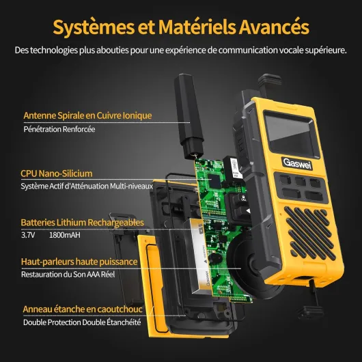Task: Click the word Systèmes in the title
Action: [x=94, y=27]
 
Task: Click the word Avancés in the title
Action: [x=274, y=27]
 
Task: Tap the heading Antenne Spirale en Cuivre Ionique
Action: [x=87, y=115]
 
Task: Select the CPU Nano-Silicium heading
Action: [x=57, y=173]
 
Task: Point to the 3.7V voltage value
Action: [x=28, y=235]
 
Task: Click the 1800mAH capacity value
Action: [x=65, y=235]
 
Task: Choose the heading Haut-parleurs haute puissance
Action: [x=79, y=262]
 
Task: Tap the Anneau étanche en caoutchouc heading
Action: [x=83, y=309]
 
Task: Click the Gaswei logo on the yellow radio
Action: [x=297, y=164]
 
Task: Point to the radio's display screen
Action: [x=292, y=135]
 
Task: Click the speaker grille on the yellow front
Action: [x=310, y=234]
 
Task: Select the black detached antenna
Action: [x=188, y=116]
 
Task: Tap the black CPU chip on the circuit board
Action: [x=214, y=181]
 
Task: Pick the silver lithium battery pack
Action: [x=198, y=256]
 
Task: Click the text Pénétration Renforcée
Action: [x=59, y=129]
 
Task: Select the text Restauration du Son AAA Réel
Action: [x=68, y=275]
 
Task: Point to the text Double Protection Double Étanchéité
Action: [x=82, y=322]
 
